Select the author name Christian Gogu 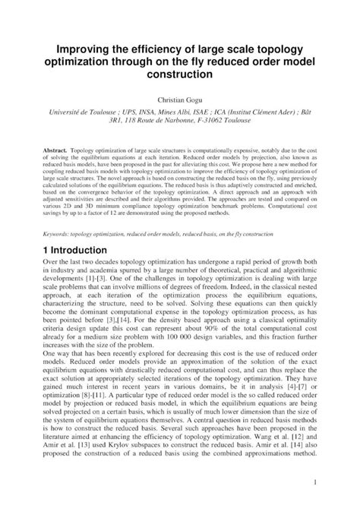[x=179, y=99]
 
